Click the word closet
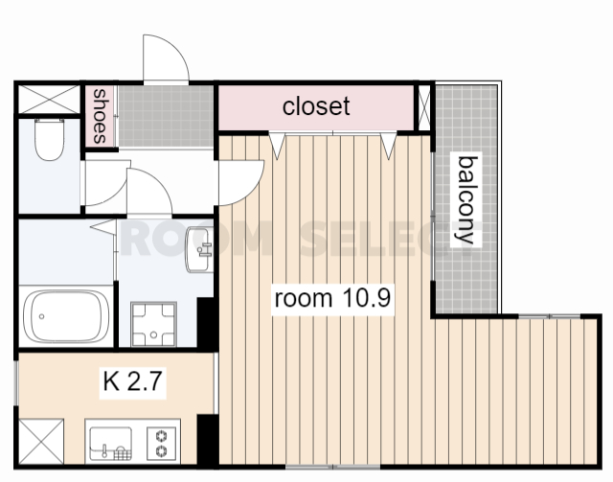tap(316, 106)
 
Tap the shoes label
tap(100, 116)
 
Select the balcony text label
tap(466, 200)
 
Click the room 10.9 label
tap(332, 299)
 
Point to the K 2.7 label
tap(132, 381)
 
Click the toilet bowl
tap(49, 139)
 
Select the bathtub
tap(66, 316)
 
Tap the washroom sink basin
tap(199, 249)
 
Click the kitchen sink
tap(111, 444)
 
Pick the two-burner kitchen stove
tap(161, 444)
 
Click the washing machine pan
tap(153, 324)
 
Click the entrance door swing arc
tap(166, 57)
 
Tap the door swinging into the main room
tap(241, 182)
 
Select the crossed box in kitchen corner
tap(41, 442)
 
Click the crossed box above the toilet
tap(49, 100)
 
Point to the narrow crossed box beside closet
tap(424, 107)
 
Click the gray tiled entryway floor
tap(166, 116)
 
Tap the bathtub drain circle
tap(42, 316)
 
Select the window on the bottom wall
tap(332, 467)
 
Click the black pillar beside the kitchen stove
tap(207, 441)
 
